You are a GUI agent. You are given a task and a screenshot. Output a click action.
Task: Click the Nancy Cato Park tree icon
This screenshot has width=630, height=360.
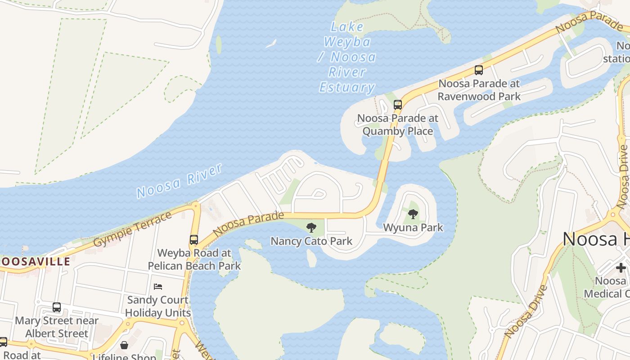tap(311, 227)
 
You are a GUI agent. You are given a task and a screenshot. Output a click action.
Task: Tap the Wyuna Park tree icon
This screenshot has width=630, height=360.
tap(413, 214)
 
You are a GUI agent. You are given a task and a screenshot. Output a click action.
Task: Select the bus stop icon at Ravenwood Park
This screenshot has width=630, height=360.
tap(479, 70)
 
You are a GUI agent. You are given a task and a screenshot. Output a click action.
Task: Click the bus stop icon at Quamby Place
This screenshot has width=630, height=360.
tap(398, 105)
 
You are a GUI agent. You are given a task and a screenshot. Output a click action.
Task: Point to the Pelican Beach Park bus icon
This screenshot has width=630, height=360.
tap(194, 240)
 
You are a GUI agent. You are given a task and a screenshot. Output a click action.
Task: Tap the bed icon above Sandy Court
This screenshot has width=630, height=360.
tap(158, 286)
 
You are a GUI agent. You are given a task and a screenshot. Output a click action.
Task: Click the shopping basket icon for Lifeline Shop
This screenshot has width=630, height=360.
tap(124, 345)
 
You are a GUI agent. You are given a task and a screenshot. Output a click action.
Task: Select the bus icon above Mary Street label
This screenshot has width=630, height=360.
tap(57, 307)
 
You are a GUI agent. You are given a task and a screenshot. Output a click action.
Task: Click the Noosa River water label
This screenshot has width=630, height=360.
tap(180, 181)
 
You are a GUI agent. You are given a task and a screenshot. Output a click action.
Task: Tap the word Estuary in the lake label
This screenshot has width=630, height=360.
tap(347, 87)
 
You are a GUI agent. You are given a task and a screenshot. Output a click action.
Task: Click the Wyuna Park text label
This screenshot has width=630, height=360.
tap(413, 228)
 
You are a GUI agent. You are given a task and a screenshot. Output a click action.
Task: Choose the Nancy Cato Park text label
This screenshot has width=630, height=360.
tap(311, 241)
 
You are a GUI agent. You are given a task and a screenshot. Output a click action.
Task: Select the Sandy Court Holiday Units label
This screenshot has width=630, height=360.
tap(158, 306)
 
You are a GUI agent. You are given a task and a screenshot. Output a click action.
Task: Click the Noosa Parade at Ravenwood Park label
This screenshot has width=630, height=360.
tap(479, 90)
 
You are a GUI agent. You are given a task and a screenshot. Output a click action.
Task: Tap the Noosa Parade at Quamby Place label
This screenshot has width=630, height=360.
tap(398, 125)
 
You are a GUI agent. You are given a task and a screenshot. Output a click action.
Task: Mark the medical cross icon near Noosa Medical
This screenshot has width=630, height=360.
tap(621, 267)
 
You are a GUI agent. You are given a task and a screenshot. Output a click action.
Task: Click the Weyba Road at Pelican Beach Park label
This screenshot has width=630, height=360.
tap(194, 259)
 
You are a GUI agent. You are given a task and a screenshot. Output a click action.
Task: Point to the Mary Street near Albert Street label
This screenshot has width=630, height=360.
tap(57, 327)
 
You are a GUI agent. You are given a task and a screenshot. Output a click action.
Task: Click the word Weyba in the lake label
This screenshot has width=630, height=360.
tap(347, 42)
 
